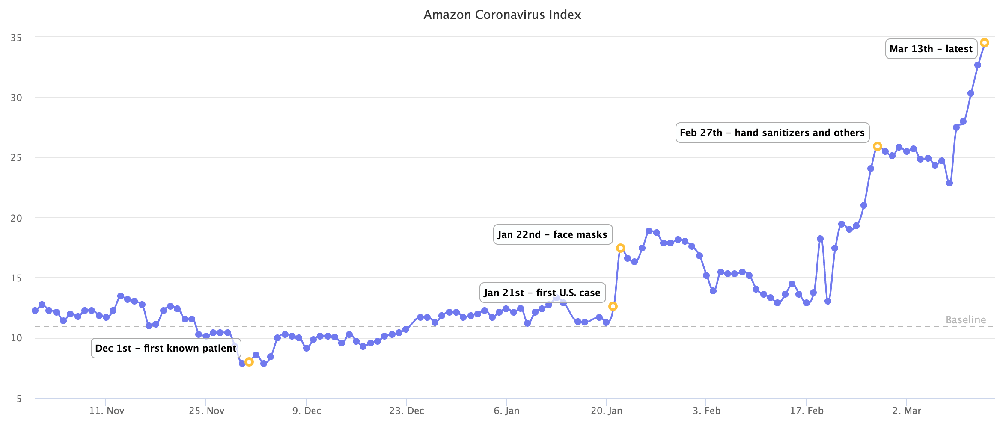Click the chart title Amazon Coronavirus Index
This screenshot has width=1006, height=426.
[502, 15]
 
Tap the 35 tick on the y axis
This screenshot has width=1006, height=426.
[16, 38]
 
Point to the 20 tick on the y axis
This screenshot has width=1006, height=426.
[16, 218]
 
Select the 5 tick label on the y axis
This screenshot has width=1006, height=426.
[19, 399]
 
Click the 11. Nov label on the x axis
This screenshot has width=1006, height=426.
[107, 411]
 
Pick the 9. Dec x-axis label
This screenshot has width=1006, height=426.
[307, 411]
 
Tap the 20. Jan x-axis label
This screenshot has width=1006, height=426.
[607, 411]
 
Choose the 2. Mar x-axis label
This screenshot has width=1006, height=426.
[907, 411]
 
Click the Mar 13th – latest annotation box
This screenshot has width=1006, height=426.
[931, 49]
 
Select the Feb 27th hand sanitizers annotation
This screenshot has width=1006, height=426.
[772, 133]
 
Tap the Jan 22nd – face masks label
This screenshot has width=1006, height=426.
[553, 234]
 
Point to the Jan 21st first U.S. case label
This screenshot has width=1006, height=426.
[542, 293]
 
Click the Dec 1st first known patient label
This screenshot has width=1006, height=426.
[166, 348]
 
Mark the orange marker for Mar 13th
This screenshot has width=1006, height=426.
[985, 43]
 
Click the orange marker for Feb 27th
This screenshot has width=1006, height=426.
[877, 146]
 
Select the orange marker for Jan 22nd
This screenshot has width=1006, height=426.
[621, 248]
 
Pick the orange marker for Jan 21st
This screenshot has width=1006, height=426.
[613, 306]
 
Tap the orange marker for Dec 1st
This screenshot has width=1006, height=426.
[249, 362]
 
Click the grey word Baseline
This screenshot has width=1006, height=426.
[966, 320]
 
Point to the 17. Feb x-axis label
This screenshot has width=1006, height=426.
[807, 411]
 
